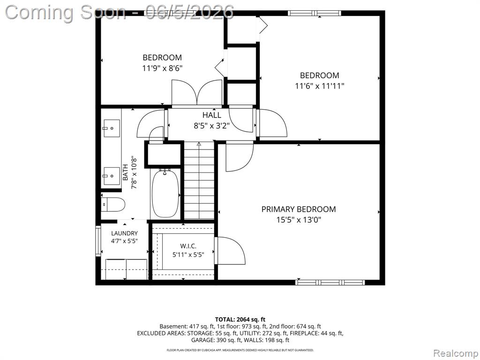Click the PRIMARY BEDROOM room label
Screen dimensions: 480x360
pyautogui.click(x=299, y=210)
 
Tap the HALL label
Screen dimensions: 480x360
pyautogui.click(x=212, y=115)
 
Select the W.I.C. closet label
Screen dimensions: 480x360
pyautogui.click(x=188, y=246)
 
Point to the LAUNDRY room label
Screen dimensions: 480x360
pyautogui.click(x=124, y=233)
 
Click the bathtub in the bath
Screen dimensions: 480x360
pyautogui.click(x=165, y=193)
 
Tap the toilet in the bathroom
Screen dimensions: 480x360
pyautogui.click(x=113, y=204)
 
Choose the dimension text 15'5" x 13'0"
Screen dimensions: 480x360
pyautogui.click(x=299, y=220)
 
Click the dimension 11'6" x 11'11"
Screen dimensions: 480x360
pyautogui.click(x=320, y=86)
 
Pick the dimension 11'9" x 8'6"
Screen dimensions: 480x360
pyautogui.click(x=162, y=68)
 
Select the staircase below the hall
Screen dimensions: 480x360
pyautogui.click(x=199, y=180)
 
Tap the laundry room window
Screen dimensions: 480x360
pyautogui.click(x=98, y=241)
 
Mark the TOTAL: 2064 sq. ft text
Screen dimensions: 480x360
pyautogui.click(x=240, y=320)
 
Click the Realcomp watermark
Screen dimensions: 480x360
pyautogui.click(x=456, y=353)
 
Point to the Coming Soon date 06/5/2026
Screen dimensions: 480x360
pyautogui.click(x=189, y=12)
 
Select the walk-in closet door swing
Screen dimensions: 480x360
pyautogui.click(x=230, y=250)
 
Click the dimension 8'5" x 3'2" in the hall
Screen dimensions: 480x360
pyautogui.click(x=212, y=126)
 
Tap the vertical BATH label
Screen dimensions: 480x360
pyautogui.click(x=126, y=172)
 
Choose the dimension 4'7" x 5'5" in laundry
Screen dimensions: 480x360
pyautogui.click(x=124, y=241)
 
